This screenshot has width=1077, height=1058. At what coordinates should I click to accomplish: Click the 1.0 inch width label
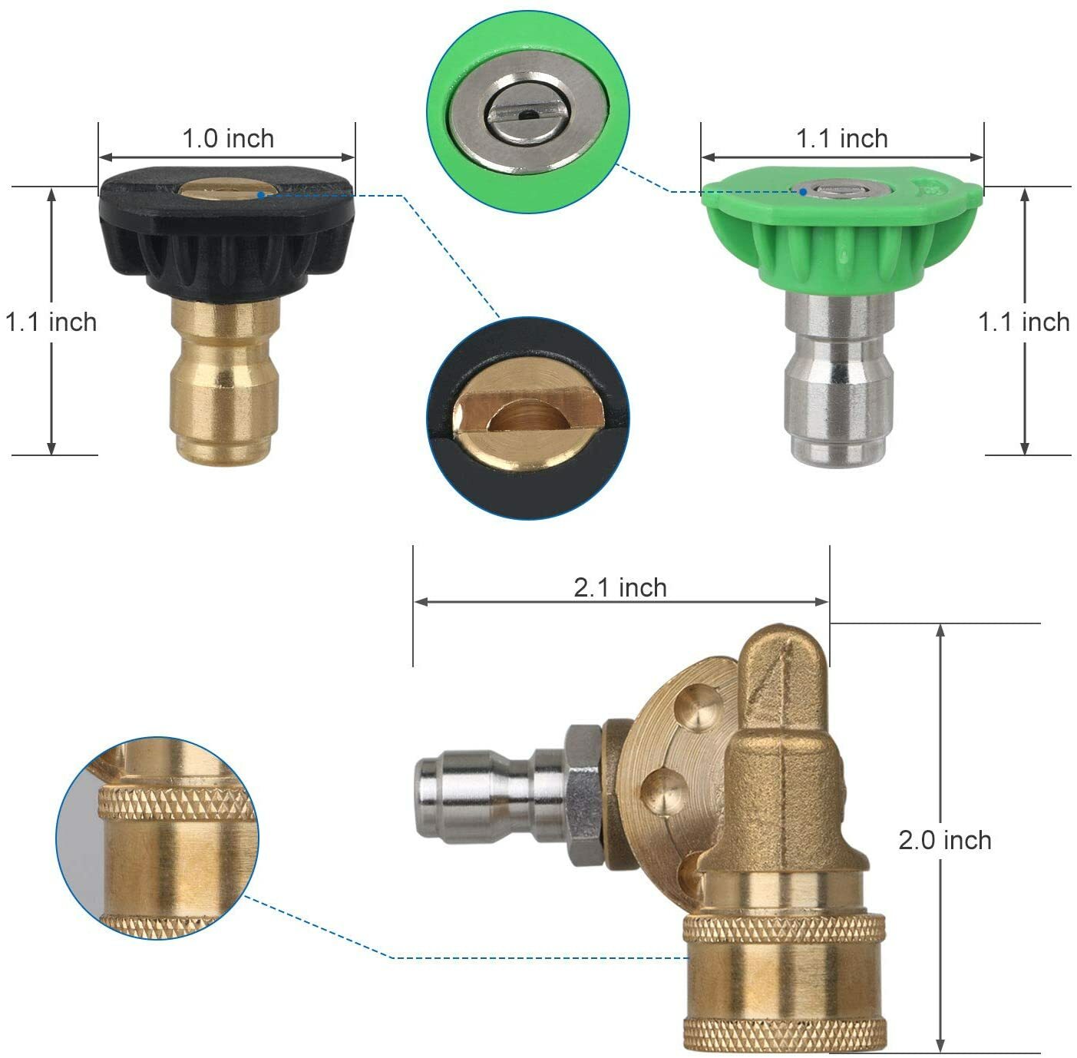click(228, 139)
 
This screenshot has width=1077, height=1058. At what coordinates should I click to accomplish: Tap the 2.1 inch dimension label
click(619, 587)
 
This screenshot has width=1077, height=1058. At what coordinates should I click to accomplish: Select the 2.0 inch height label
click(944, 840)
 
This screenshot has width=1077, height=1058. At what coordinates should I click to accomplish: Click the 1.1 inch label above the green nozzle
click(841, 139)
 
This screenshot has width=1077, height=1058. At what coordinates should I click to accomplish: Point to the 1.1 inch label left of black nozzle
click(51, 322)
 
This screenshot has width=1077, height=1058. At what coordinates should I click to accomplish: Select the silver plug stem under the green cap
click(840, 380)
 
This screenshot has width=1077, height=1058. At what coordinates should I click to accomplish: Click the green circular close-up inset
click(527, 111)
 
